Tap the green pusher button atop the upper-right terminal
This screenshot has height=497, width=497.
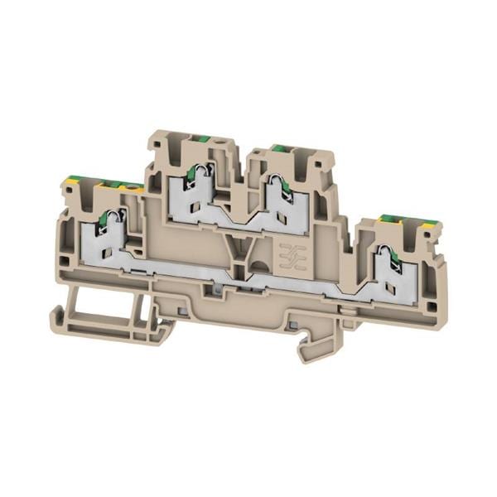[282, 150]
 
